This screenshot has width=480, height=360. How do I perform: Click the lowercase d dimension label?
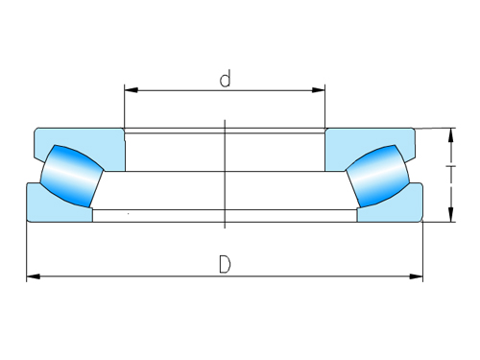pos(225,79)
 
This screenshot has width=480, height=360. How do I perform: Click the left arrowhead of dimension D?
pos(32,277)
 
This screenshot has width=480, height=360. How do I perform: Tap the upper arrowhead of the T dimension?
pos(450,132)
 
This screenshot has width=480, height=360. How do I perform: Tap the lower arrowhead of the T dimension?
pos(450,217)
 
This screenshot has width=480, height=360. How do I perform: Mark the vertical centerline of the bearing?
pos(224,173)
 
